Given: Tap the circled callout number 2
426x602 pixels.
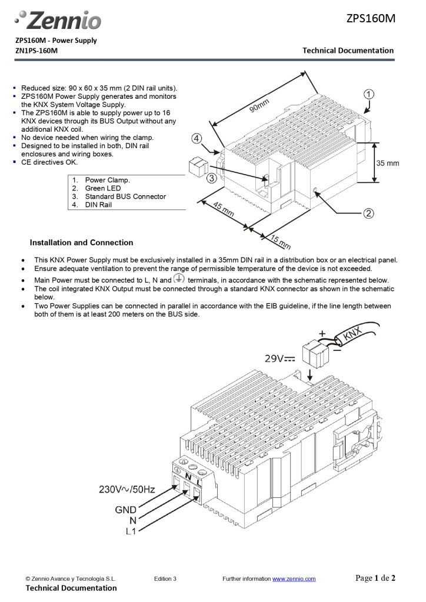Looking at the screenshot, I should pos(368,213).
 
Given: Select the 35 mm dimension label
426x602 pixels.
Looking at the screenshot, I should pos(388,163).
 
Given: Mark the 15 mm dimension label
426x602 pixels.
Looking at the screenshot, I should pos(281,241).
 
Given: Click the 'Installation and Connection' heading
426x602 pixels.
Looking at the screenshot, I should pos(81,242).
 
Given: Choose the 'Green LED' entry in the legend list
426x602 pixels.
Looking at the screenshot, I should pos(103,188).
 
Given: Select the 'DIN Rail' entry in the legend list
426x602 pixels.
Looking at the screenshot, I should pos(98,205).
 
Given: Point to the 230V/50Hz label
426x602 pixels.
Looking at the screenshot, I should pos(127,489).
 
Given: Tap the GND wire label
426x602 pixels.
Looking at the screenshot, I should pos(125,510).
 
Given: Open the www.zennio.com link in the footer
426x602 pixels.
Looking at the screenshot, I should pos(294,579).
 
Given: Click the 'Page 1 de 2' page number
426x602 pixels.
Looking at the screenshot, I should pos(375,578).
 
